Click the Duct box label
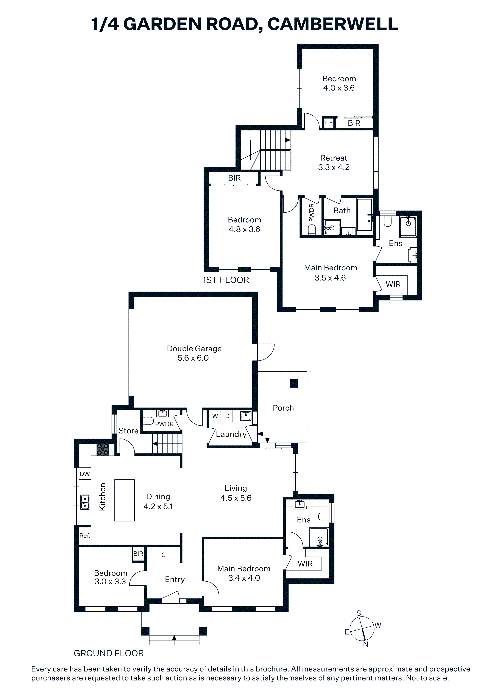click(328, 123)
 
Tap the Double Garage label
click(194, 349)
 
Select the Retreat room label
click(334, 158)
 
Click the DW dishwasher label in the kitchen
click(85, 474)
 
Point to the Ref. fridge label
click(85, 536)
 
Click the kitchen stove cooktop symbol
click(103, 450)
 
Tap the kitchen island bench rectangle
click(124, 500)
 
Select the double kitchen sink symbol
click(85, 502)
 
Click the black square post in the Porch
click(294, 383)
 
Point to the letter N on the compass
click(366, 644)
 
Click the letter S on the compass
click(359, 613)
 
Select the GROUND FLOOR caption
click(109, 653)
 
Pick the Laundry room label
click(231, 434)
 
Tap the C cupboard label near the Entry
click(164, 555)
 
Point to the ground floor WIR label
click(305, 564)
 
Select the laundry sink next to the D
click(246, 416)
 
